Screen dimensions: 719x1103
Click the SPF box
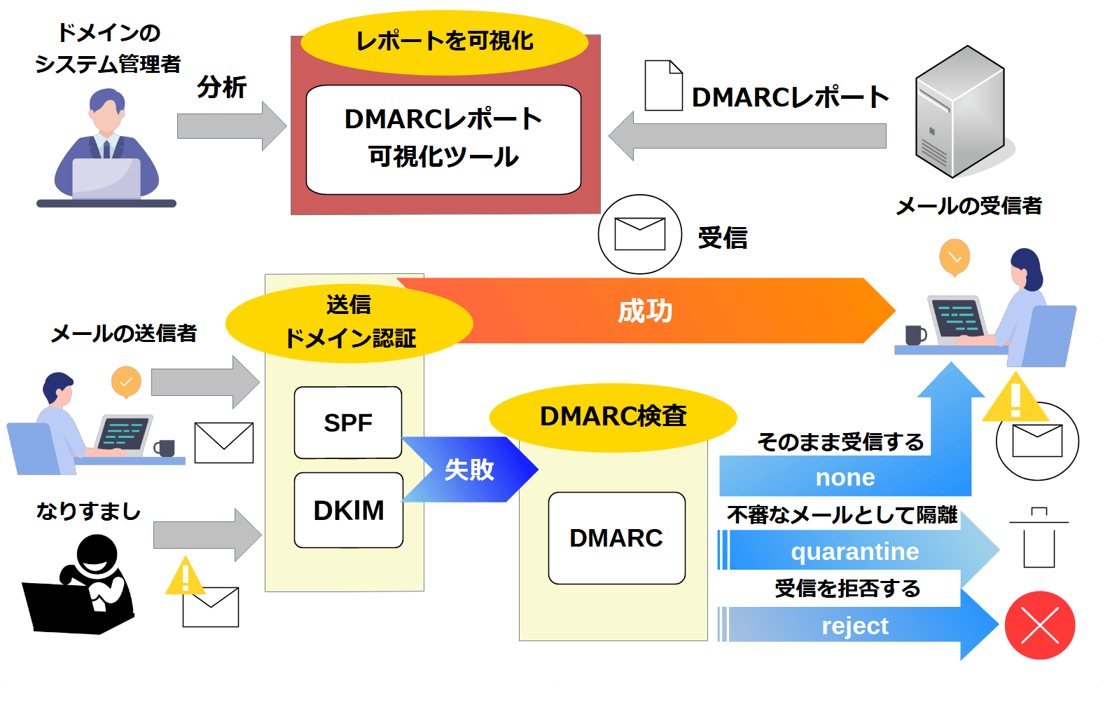(x=348, y=423)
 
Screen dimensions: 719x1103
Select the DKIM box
(x=348, y=510)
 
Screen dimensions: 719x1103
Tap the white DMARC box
(x=616, y=538)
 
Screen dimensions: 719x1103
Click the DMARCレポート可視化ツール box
(x=443, y=139)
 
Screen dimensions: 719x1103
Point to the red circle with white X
(x=1040, y=625)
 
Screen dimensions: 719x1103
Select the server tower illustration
(x=960, y=112)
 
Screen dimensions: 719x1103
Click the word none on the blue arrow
(x=845, y=477)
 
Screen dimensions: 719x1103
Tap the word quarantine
(x=854, y=552)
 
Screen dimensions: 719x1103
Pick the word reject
(x=854, y=626)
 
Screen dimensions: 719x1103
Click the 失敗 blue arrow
(x=469, y=470)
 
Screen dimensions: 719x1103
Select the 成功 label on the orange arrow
(x=644, y=310)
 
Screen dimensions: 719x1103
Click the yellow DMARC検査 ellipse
(x=613, y=416)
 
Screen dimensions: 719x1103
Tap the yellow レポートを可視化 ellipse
(x=444, y=41)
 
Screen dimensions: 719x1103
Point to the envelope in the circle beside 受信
(x=639, y=234)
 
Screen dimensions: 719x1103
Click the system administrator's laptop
(x=106, y=179)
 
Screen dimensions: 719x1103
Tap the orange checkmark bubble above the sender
(x=126, y=382)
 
